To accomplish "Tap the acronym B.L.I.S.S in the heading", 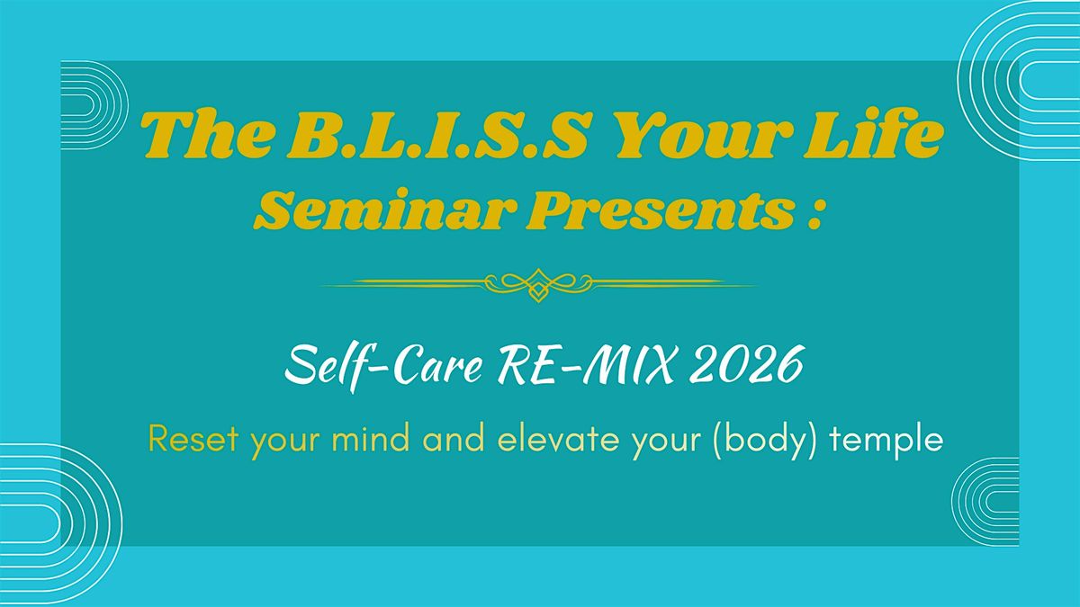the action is (x=438, y=136).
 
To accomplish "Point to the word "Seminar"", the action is (x=381, y=211).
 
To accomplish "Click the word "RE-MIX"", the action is (x=587, y=365).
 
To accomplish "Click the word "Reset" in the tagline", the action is (x=193, y=440).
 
